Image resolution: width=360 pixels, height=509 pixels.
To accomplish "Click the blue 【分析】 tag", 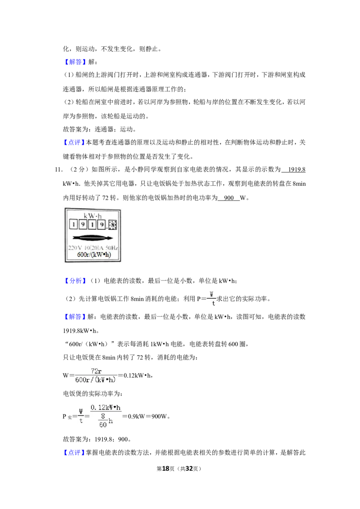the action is pyautogui.click(x=75, y=281).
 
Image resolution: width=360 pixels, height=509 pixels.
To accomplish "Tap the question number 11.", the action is pyautogui.click(x=58, y=170).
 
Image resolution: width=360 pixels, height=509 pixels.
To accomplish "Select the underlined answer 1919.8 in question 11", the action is pyautogui.click(x=297, y=170).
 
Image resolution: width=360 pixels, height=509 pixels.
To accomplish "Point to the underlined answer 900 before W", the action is pyautogui.click(x=229, y=198).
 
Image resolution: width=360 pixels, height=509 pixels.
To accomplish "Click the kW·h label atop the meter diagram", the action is pyautogui.click(x=93, y=216).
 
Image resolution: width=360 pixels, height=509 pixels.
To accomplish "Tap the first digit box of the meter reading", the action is pyautogui.click(x=73, y=224).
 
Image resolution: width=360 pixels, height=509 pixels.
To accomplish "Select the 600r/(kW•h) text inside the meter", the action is pyautogui.click(x=94, y=255).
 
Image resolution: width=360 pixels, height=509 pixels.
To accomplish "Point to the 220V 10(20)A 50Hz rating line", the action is pyautogui.click(x=93, y=248).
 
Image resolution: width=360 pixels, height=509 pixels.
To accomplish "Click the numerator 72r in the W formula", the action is pyautogui.click(x=96, y=371).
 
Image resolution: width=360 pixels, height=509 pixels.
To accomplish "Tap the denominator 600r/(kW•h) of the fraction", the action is pyautogui.click(x=95, y=380).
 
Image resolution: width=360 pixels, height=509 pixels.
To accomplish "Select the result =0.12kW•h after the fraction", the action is pyautogui.click(x=135, y=375).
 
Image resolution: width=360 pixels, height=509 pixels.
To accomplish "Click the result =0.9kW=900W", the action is pyautogui.click(x=146, y=416).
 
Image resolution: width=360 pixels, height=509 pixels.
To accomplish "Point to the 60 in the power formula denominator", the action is pyautogui.click(x=103, y=424).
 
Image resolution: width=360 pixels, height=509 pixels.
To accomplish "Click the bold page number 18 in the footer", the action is pyautogui.click(x=166, y=469).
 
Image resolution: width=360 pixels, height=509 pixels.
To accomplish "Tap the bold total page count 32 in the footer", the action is pyautogui.click(x=189, y=469).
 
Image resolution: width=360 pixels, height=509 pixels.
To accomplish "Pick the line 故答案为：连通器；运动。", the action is pyautogui.click(x=100, y=129).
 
